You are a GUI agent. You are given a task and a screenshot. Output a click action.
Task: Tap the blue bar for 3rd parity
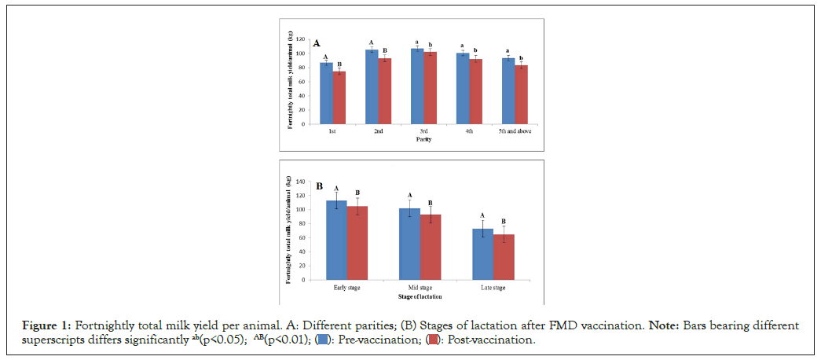tap(417, 86)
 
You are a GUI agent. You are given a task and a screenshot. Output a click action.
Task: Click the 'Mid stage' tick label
tap(420, 288)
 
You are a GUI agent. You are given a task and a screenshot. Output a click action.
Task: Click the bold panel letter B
tap(320, 187)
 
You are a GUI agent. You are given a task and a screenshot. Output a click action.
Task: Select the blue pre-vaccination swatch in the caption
tap(321, 340)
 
